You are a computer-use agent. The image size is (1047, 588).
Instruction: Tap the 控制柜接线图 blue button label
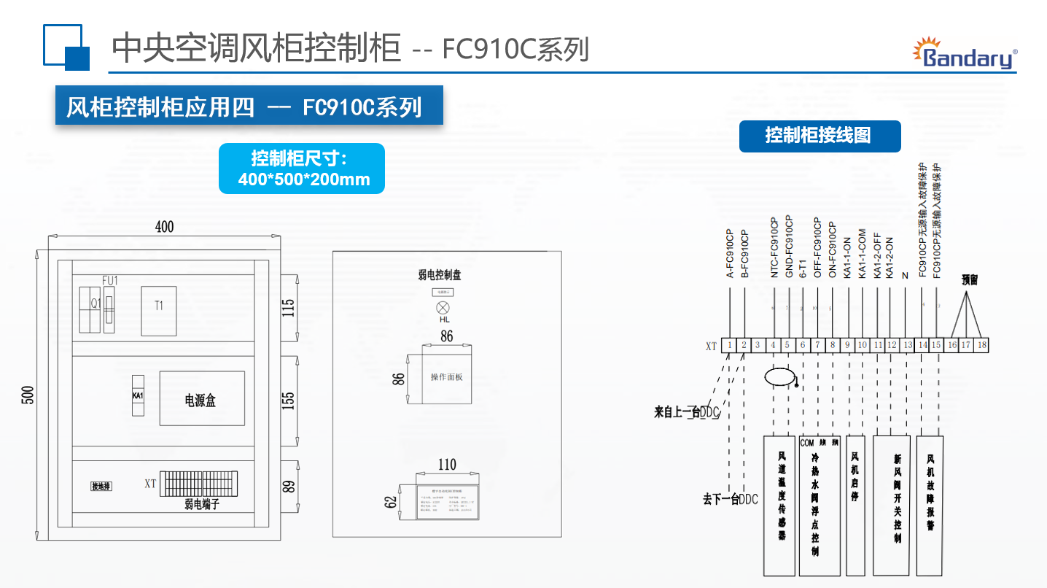tap(820, 136)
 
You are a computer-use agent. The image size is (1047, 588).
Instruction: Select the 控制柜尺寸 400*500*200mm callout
tap(302, 169)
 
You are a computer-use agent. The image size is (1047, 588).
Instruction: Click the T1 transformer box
tap(159, 311)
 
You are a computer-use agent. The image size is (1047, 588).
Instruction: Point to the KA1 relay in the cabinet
tap(138, 395)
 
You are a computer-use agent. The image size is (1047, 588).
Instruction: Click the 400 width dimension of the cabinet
tap(164, 227)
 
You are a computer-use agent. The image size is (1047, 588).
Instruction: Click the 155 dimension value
tap(288, 400)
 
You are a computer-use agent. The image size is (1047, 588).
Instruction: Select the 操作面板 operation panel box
tap(446, 377)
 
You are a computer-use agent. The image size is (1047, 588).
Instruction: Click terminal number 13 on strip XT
tap(907, 345)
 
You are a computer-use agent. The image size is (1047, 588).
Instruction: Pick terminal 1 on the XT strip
tap(729, 345)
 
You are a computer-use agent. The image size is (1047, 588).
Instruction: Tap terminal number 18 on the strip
tap(981, 345)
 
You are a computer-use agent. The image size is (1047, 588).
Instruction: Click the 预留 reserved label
tap(969, 279)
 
